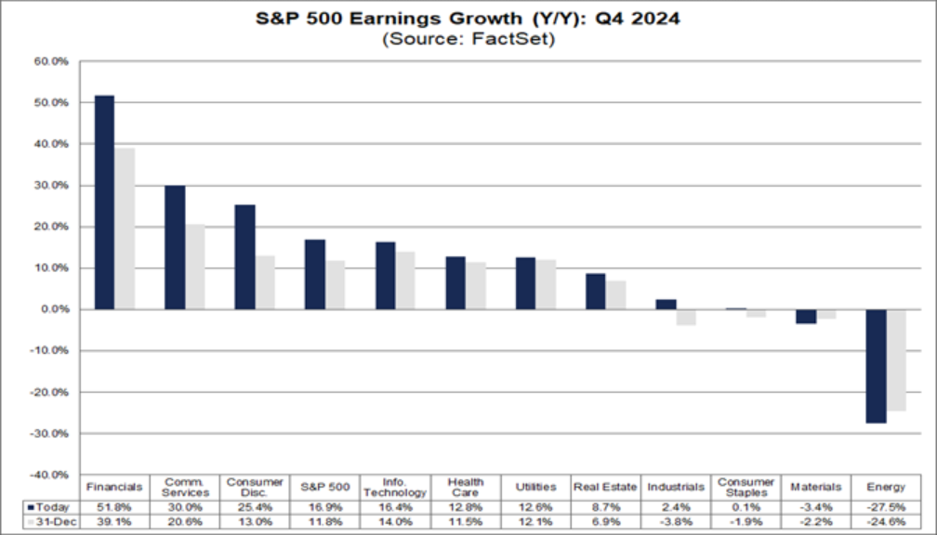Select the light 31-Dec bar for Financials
point(125,228)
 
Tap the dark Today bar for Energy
point(876,366)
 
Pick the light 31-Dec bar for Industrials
point(686,317)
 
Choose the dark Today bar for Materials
point(806,316)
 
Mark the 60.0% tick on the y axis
point(54,61)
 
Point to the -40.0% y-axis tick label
point(52,475)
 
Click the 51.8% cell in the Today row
point(114,506)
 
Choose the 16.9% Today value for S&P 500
point(324,506)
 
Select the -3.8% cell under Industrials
point(675,523)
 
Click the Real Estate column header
point(605,487)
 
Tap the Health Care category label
point(465,487)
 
